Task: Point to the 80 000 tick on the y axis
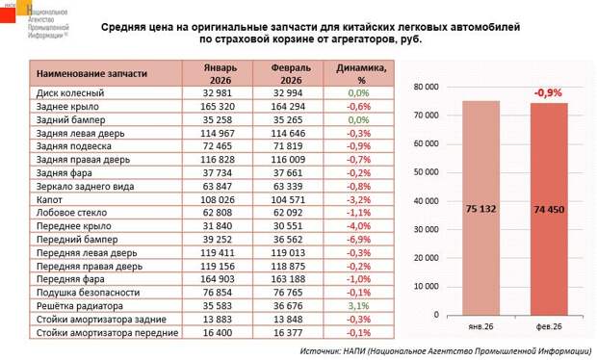click(426, 86)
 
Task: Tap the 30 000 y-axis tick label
click(426, 229)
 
